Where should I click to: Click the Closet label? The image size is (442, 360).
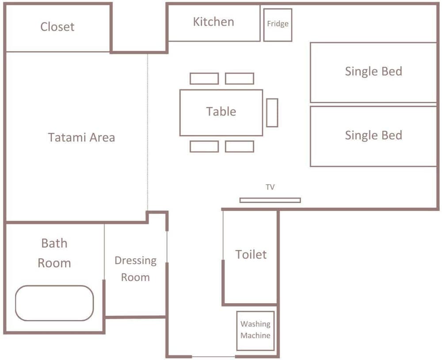pos(57,27)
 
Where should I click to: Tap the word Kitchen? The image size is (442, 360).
pos(213,22)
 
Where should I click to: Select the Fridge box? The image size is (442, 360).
pos(278,25)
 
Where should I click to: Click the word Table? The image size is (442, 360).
pos(221,112)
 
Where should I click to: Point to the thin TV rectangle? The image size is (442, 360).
pos(270,200)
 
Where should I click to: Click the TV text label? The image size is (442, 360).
pos(270,187)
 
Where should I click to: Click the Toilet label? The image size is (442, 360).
pos(251,254)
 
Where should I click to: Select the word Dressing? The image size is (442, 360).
pos(136,261)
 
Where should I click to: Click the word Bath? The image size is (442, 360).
pos(54,243)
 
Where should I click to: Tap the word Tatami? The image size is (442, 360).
pos(65,137)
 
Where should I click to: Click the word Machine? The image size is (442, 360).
pos(255,336)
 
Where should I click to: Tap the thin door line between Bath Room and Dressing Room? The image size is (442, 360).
pos(104,251)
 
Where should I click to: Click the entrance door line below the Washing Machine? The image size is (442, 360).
pos(213,356)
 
